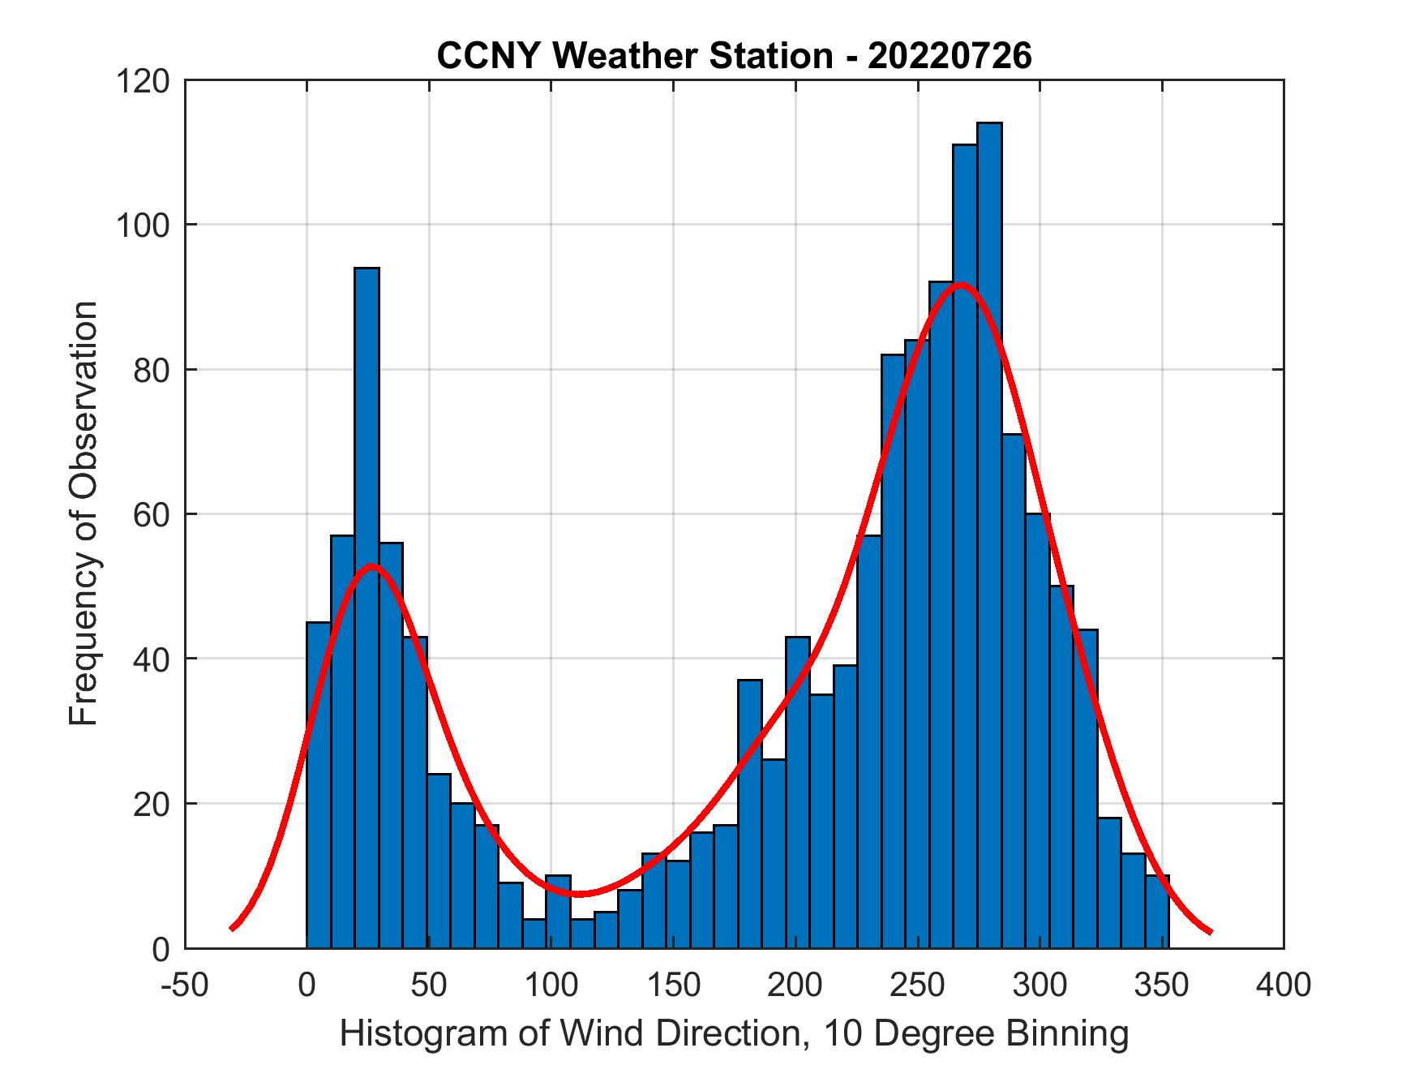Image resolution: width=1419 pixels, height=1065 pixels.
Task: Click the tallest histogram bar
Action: click(x=989, y=535)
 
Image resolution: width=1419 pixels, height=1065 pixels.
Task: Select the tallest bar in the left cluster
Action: click(x=367, y=608)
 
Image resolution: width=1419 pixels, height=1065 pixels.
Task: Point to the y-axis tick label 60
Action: click(x=152, y=514)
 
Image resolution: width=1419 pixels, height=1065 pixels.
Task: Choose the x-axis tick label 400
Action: click(x=1284, y=986)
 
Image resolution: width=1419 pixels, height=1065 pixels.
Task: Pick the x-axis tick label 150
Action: click(x=674, y=986)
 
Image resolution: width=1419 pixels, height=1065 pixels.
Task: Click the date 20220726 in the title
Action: click(x=950, y=56)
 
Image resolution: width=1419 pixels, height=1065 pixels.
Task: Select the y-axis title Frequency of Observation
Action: click(x=84, y=513)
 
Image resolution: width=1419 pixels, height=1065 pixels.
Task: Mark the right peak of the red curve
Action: click(x=961, y=285)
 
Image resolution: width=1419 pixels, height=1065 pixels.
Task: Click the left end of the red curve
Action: click(x=232, y=929)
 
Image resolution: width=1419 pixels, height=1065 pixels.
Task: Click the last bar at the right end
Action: click(x=1157, y=912)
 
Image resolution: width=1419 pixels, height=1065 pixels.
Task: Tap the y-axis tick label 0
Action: click(x=161, y=949)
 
